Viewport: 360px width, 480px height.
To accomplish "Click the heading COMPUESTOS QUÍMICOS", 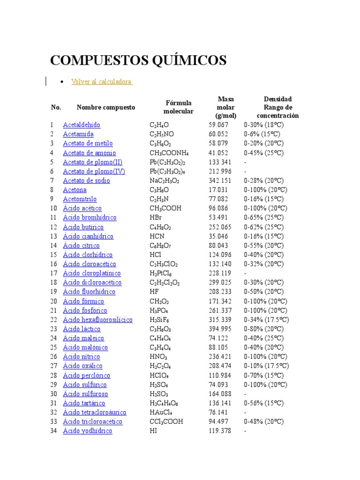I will click(x=138, y=60).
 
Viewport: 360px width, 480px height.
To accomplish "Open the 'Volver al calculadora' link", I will click(x=101, y=82).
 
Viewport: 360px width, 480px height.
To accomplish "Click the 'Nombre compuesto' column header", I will click(x=105, y=107).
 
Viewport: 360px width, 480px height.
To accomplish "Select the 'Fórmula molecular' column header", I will click(x=178, y=107).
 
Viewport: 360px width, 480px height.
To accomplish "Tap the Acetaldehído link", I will click(x=82, y=125).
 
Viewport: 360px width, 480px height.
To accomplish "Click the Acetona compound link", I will click(x=75, y=190).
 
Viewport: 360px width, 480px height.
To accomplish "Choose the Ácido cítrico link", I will click(x=81, y=246).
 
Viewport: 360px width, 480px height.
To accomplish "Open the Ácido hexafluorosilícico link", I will click(x=97, y=320).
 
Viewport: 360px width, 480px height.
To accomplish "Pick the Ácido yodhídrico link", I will click(x=87, y=431).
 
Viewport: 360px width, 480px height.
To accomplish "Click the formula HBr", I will click(x=156, y=217).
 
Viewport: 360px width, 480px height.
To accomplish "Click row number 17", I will click(x=53, y=273).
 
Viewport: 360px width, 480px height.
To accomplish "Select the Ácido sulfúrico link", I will click(x=84, y=384).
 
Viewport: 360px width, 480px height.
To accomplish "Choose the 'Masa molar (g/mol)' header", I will click(x=225, y=107).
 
